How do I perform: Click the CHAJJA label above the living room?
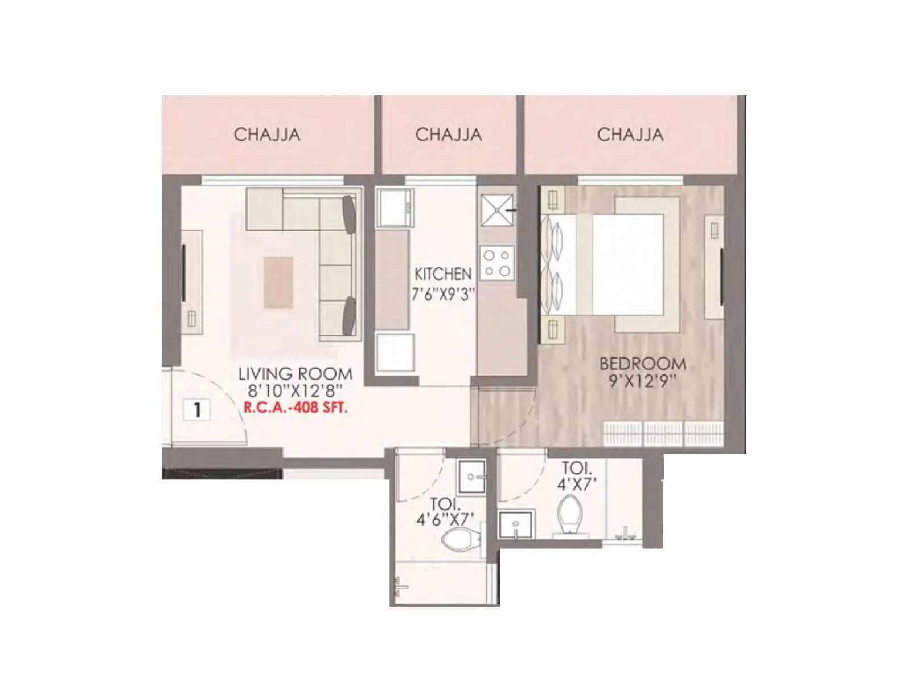click(266, 135)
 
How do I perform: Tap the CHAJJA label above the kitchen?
click(449, 135)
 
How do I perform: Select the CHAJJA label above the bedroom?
click(630, 135)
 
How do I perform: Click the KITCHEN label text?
click(443, 274)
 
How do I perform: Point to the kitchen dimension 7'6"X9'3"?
click(443, 294)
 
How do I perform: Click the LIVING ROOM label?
click(295, 374)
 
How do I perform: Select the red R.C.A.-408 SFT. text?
click(295, 408)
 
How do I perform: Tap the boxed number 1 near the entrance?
click(197, 409)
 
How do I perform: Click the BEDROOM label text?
click(643, 363)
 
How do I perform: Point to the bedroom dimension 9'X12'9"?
click(643, 381)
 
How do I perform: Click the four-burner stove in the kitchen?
click(496, 263)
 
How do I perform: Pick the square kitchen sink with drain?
click(496, 210)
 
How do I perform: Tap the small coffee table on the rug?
click(278, 282)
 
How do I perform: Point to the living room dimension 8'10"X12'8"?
click(295, 392)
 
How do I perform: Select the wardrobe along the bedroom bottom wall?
click(663, 433)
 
